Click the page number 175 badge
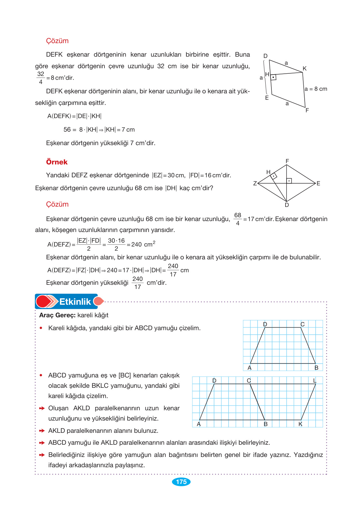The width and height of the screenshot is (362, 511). [181, 481]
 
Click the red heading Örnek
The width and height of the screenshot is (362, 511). [57, 162]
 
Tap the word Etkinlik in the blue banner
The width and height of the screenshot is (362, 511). [75, 302]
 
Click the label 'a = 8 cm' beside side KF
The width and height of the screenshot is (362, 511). [316, 89]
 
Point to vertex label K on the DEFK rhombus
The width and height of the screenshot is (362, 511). [304, 69]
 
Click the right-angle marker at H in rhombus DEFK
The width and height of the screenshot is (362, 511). [273, 77]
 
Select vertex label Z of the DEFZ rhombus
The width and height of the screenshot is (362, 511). [255, 183]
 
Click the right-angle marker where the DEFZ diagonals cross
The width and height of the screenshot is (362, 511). [289, 181]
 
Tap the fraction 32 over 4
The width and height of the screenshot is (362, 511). [41, 78]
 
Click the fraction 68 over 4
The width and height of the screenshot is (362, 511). [238, 219]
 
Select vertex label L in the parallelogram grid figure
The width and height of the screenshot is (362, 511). [315, 380]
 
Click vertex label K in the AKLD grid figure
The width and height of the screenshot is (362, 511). [300, 424]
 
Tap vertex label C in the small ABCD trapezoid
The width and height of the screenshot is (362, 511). [302, 324]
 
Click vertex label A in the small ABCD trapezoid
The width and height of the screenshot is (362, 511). [249, 367]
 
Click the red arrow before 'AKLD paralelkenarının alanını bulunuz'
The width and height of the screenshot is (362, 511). [42, 431]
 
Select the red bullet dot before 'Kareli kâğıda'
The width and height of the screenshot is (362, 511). [41, 328]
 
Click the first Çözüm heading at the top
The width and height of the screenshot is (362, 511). [57, 41]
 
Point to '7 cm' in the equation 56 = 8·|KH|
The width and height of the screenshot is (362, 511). [128, 130]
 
